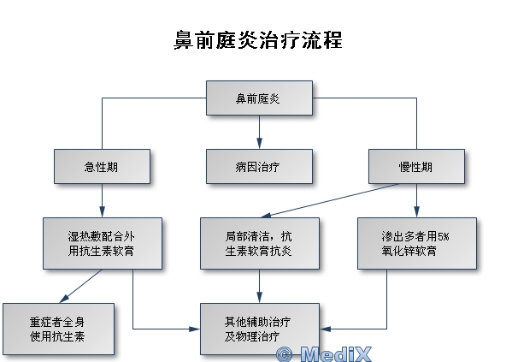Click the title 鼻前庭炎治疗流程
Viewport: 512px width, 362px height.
258,40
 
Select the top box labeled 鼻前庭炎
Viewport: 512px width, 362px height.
259,98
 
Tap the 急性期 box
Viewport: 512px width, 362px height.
103,166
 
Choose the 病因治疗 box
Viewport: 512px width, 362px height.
259,166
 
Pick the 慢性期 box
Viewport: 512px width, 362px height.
416,166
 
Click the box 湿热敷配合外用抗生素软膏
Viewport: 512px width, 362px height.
103,244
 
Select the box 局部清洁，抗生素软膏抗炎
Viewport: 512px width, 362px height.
260,244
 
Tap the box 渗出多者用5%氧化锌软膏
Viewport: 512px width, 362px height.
417,244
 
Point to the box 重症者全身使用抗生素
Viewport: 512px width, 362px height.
58,329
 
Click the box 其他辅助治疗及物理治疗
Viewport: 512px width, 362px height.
260,329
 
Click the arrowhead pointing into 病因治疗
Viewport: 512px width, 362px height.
259,143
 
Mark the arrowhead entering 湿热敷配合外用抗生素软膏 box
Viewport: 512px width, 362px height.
103,212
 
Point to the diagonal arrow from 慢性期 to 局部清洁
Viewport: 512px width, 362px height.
330,200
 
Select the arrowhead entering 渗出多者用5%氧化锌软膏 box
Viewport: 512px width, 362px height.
416,212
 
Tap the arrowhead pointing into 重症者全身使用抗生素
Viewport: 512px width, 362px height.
64,299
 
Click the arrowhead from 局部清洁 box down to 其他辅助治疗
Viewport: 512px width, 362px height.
259,298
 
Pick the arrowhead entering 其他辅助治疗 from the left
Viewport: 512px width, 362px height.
194,329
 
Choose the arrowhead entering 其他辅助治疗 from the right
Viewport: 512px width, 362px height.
325,329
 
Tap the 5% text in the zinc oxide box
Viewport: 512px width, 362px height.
443,236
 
